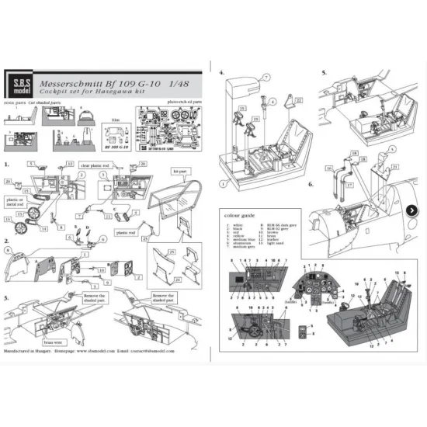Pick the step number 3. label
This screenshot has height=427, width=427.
pos(7,298)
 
